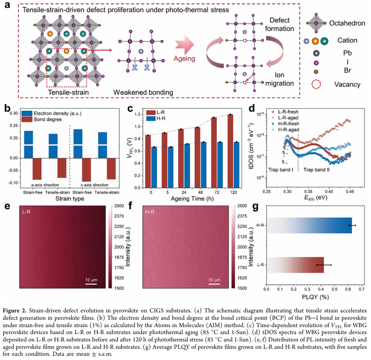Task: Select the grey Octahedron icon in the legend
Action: pos(316,24)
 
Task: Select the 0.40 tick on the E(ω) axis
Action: pos(329,191)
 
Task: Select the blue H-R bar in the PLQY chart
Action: pos(309,225)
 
